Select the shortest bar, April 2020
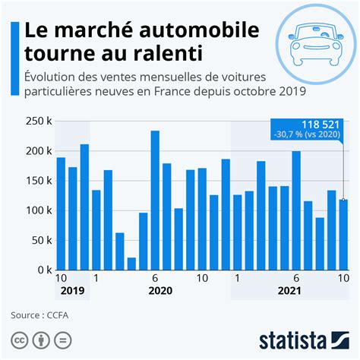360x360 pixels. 131,264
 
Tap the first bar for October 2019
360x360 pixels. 61,213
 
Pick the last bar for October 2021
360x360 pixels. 343,235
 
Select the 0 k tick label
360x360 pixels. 42,270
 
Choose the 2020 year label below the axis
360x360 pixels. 160,292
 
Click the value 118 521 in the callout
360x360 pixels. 320,125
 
